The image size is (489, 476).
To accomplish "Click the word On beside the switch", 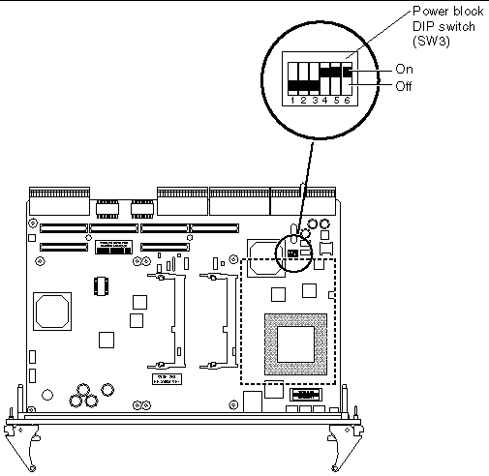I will click(x=405, y=70).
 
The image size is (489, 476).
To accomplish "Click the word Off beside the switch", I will click(x=405, y=86).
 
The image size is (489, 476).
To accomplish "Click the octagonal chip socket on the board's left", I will click(x=50, y=310).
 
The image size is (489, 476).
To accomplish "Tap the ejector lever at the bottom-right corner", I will click(x=344, y=443).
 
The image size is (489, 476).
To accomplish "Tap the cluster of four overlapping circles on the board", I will click(x=90, y=399).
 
